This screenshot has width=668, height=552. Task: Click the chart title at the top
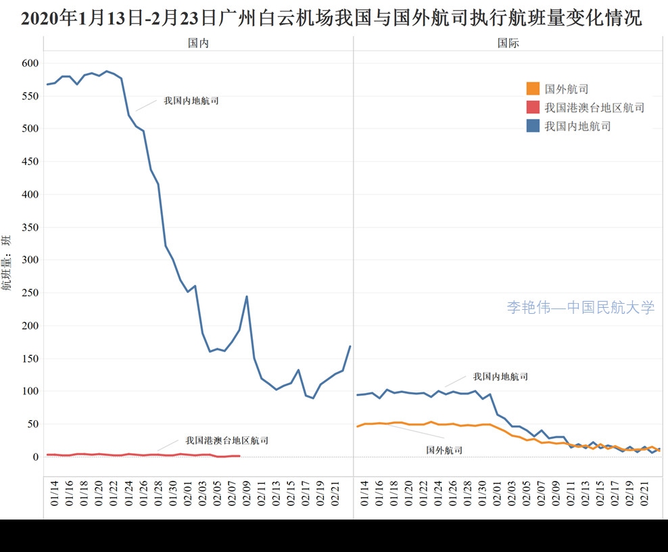pyautogui.click(x=331, y=18)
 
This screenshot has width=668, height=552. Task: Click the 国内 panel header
pyautogui.click(x=198, y=43)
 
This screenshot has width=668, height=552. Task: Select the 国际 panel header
pyautogui.click(x=508, y=43)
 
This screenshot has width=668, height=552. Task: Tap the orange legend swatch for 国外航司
pyautogui.click(x=533, y=89)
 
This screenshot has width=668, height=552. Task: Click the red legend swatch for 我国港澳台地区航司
pyautogui.click(x=533, y=107)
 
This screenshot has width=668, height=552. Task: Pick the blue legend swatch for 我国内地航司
pyautogui.click(x=533, y=125)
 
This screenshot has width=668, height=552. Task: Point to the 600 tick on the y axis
pyautogui.click(x=30, y=63)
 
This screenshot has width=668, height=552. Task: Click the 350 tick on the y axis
pyautogui.click(x=30, y=227)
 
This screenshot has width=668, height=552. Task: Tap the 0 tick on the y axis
pyautogui.click(x=36, y=457)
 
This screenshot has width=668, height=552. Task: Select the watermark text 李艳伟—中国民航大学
pyautogui.click(x=581, y=308)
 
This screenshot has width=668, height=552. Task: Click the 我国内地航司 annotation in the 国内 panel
pyautogui.click(x=191, y=101)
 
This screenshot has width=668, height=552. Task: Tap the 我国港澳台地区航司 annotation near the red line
pyautogui.click(x=226, y=440)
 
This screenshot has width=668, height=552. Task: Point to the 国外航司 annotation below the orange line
pyautogui.click(x=444, y=450)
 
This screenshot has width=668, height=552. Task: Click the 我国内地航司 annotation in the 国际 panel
pyautogui.click(x=500, y=377)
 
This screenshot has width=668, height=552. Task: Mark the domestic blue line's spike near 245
pyautogui.click(x=247, y=296)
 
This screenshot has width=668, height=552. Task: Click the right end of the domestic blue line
pyautogui.click(x=350, y=346)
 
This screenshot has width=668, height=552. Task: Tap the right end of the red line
pyautogui.click(x=239, y=456)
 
